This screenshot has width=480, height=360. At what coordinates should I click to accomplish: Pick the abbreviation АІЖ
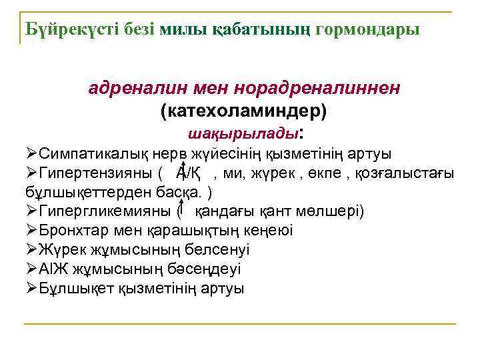tap(53, 269)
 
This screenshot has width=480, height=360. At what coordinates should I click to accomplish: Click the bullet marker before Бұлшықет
tap(29, 289)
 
